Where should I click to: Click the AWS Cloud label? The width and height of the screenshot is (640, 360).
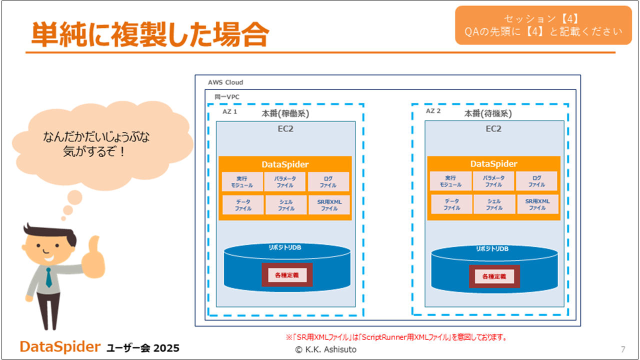pos(225,82)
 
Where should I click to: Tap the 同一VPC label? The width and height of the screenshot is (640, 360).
pos(227,97)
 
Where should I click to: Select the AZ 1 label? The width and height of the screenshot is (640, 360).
pos(229,111)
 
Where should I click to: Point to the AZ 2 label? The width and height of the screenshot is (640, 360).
pos(433,111)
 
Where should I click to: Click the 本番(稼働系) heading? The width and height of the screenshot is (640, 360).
pos(285,113)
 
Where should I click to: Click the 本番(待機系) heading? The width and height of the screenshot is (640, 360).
pos(488,113)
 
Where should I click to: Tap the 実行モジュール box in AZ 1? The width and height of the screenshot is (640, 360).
pos(242,181)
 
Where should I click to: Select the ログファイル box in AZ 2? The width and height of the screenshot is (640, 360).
pos(536,181)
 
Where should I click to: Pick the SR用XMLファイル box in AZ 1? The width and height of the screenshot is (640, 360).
pos(329,205)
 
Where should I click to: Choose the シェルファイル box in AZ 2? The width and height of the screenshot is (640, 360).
pos(494,204)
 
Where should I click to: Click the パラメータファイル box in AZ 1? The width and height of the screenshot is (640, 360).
pos(285,181)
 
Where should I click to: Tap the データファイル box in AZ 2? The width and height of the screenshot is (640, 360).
pos(451,204)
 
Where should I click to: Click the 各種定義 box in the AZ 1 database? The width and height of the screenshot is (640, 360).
pos(287,275)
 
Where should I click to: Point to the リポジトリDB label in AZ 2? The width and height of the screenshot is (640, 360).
pos(492,249)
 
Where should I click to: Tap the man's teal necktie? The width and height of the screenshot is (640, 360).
pos(49,277)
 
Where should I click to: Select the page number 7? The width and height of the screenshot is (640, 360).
pos(623,349)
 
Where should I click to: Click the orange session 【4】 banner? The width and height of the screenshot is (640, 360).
pos(543,25)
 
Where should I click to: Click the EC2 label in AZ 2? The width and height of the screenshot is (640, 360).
pos(493,129)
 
